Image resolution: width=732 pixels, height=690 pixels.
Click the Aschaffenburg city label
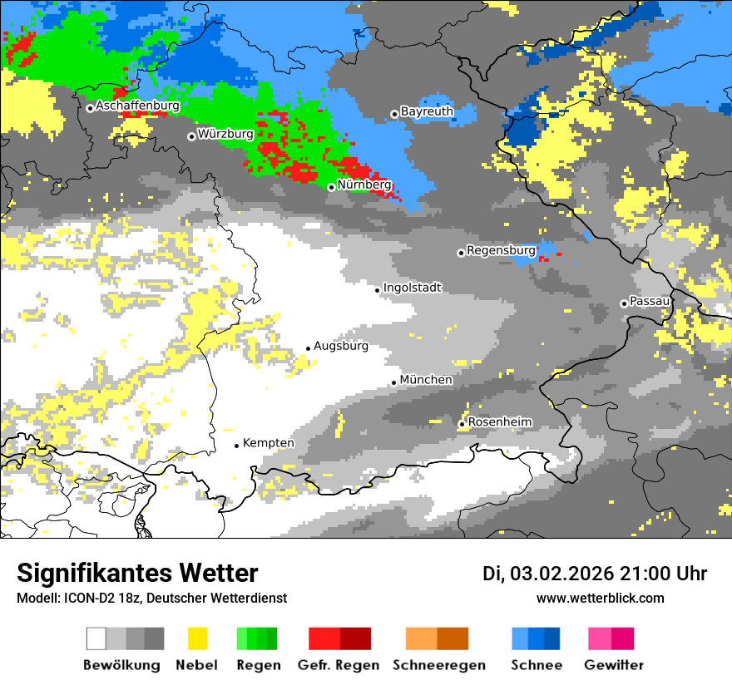pyautogui.click(x=137, y=106)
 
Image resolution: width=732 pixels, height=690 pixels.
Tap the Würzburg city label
pyautogui.click(x=225, y=134)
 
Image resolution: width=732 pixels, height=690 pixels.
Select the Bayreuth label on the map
pyautogui.click(x=427, y=111)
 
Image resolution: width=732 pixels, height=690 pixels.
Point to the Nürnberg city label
pyautogui.click(x=364, y=185)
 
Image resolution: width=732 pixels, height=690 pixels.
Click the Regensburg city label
pyautogui.click(x=501, y=250)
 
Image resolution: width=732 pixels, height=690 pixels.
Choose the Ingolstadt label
pyautogui.click(x=412, y=288)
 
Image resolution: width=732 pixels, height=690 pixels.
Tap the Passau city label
pyautogui.click(x=650, y=301)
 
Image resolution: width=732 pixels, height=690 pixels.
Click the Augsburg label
pyautogui.click(x=340, y=346)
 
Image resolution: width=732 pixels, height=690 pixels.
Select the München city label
pyautogui.click(x=426, y=380)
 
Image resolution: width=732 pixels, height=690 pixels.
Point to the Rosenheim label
pyautogui.click(x=499, y=422)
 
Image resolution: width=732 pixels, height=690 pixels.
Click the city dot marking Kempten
pyautogui.click(x=236, y=446)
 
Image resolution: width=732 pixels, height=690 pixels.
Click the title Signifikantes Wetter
pyautogui.click(x=137, y=574)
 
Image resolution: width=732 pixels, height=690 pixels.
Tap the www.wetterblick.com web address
pyautogui.click(x=600, y=598)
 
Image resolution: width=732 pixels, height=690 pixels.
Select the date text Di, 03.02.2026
pyautogui.click(x=547, y=574)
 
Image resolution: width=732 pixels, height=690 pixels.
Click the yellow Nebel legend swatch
pyautogui.click(x=197, y=638)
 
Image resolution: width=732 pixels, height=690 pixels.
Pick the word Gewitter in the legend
pyautogui.click(x=613, y=665)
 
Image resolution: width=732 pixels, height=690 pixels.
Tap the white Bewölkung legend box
pyautogui.click(x=96, y=638)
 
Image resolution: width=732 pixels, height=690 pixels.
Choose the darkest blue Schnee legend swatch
pyautogui.click(x=552, y=638)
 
